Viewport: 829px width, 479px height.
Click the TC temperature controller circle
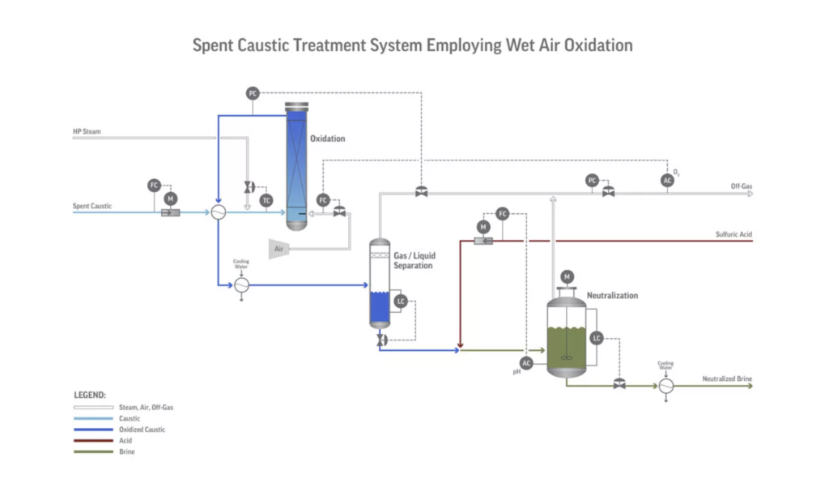coord(266,201)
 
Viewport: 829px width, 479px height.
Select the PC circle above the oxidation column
coord(253,94)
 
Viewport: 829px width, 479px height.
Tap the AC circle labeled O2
coord(667,181)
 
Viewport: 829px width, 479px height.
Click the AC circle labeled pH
coord(526,363)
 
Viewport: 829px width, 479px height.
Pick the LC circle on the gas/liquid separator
coord(401,302)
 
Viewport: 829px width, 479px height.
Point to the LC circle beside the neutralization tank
coord(597,338)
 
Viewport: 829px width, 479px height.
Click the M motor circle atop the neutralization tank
coord(567,277)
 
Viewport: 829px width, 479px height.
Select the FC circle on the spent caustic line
coord(154,186)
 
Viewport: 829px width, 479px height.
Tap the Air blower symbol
coord(279,249)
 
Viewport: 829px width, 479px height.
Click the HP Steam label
coord(87,131)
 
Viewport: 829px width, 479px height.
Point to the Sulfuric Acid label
coord(733,234)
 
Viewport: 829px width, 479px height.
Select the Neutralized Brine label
coord(727,378)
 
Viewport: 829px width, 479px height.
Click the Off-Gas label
coord(742,186)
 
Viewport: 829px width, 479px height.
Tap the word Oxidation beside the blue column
coord(328,139)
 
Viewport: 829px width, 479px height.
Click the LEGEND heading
coord(90,395)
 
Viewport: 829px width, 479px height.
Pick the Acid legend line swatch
coord(94,440)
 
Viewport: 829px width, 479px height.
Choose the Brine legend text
coord(127,451)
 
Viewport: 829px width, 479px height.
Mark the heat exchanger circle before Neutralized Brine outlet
coord(666,386)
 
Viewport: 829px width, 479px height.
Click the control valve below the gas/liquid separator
coord(382,340)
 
